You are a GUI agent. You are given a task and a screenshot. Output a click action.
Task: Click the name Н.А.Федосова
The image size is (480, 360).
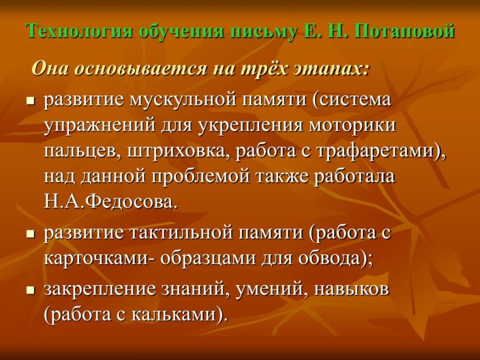pyautogui.click(x=110, y=202)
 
